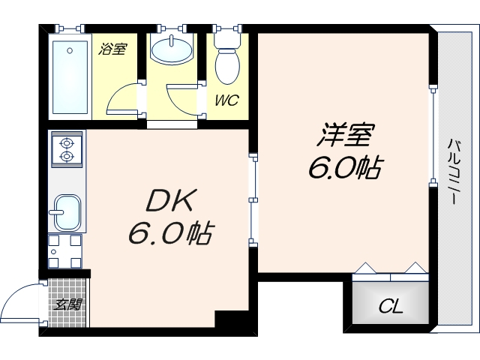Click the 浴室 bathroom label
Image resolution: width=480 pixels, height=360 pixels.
(x=113, y=50)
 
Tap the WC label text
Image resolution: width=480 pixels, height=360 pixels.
(x=226, y=100)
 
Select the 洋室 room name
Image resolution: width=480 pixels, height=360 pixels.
(x=345, y=137)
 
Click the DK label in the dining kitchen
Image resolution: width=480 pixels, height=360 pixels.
(x=170, y=202)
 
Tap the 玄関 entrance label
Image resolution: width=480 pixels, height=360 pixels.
(x=67, y=304)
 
